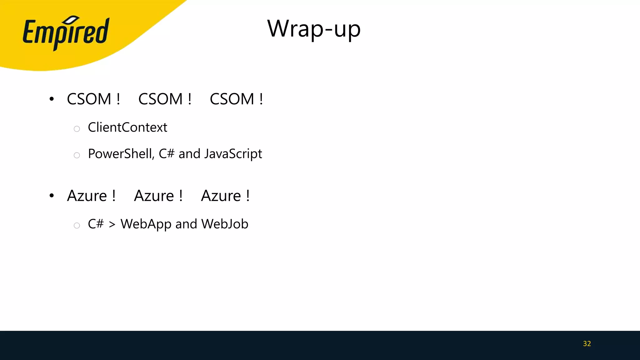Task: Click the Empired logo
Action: (x=66, y=33)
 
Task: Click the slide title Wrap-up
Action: (x=314, y=29)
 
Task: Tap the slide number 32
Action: (x=587, y=344)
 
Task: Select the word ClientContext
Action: (x=127, y=127)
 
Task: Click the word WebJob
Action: (x=225, y=224)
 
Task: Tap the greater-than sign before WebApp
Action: (x=112, y=224)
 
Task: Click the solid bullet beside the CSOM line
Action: (x=52, y=99)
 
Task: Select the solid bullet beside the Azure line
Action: (x=52, y=196)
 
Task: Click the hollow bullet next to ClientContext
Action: (x=77, y=129)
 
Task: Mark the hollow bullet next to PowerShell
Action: (x=77, y=155)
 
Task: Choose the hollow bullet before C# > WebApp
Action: (x=77, y=225)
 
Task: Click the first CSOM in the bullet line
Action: (x=89, y=99)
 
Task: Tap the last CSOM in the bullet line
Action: (x=232, y=99)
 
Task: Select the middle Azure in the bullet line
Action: (x=154, y=196)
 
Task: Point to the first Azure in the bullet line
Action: (x=87, y=196)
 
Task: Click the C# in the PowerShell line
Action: (x=166, y=154)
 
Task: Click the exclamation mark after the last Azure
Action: (x=248, y=196)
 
